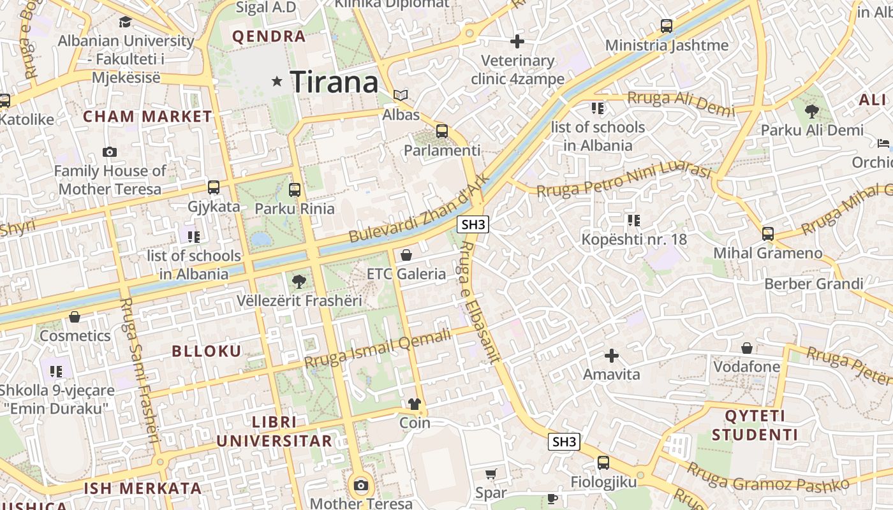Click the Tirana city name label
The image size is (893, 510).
pos(334,82)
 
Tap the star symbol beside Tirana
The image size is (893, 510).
pos(277,81)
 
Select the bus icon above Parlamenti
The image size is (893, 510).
pos(441,132)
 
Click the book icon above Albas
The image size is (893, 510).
pos(401,96)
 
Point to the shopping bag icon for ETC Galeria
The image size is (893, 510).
pos(406,255)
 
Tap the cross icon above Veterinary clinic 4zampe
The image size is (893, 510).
pos(517,42)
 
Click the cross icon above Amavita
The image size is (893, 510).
pos(612,355)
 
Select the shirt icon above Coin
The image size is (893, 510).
pos(415,404)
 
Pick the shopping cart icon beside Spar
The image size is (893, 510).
pos(491,474)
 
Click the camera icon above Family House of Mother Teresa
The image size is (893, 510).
pos(110,152)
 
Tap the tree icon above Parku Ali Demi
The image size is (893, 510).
pos(812,112)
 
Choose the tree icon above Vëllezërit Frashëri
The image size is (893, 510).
pos(299,281)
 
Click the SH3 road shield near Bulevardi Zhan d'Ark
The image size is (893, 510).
pos(473,224)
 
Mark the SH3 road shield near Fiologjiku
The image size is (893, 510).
pos(565,442)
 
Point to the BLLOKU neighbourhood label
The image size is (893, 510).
pos(207,351)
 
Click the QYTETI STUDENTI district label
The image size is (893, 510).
pos(755,426)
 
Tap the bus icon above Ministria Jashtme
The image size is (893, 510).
pos(667,26)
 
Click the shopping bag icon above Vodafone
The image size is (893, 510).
pos(747,348)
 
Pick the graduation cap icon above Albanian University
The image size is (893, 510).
pos(126,22)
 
